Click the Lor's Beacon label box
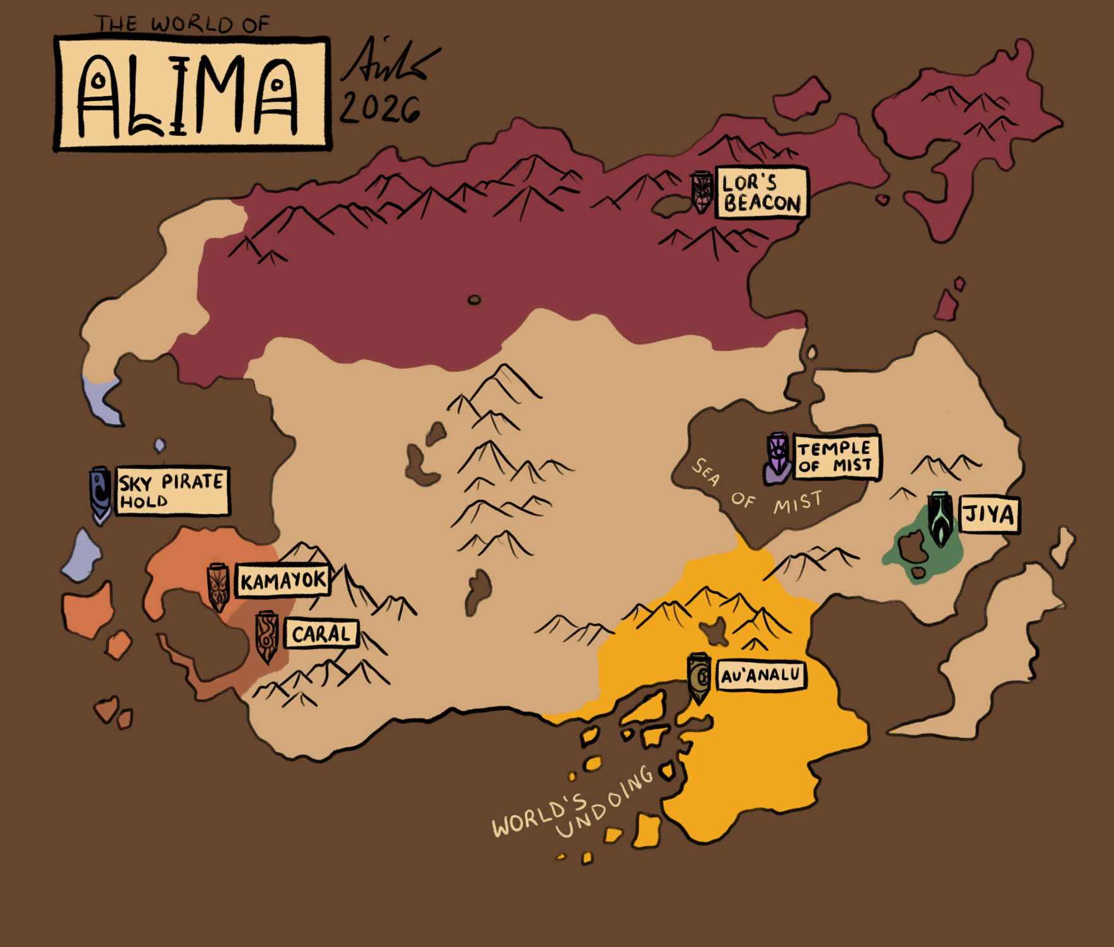761,193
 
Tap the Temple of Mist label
836,457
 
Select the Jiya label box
989,514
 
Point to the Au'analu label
761,676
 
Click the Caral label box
321,634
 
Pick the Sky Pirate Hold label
172,491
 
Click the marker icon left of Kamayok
218,587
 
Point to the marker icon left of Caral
267,636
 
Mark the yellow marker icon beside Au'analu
699,678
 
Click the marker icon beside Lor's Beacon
702,191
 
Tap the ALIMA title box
193,94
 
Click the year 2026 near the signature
380,109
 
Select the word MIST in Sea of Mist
798,503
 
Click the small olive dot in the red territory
474,300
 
